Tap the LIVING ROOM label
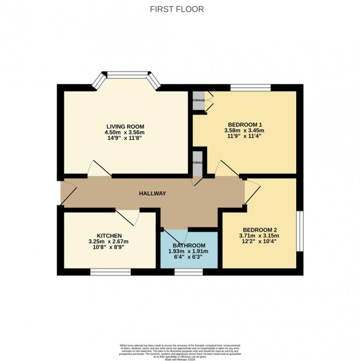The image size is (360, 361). pos(125,126)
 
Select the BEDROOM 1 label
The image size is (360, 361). pos(245,125)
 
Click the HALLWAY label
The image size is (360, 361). pos(153,193)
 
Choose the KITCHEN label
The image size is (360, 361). pos(109,235)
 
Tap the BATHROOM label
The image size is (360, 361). pos(189,245)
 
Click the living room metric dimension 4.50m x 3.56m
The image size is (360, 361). pos(125,132)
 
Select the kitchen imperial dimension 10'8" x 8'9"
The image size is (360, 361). pos(109,247)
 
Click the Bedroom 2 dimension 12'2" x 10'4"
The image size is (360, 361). pos(259,242)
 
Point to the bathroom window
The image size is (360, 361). pos(188,271)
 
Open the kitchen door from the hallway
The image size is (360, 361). pos(127,216)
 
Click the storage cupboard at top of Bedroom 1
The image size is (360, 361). pos(199,100)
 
